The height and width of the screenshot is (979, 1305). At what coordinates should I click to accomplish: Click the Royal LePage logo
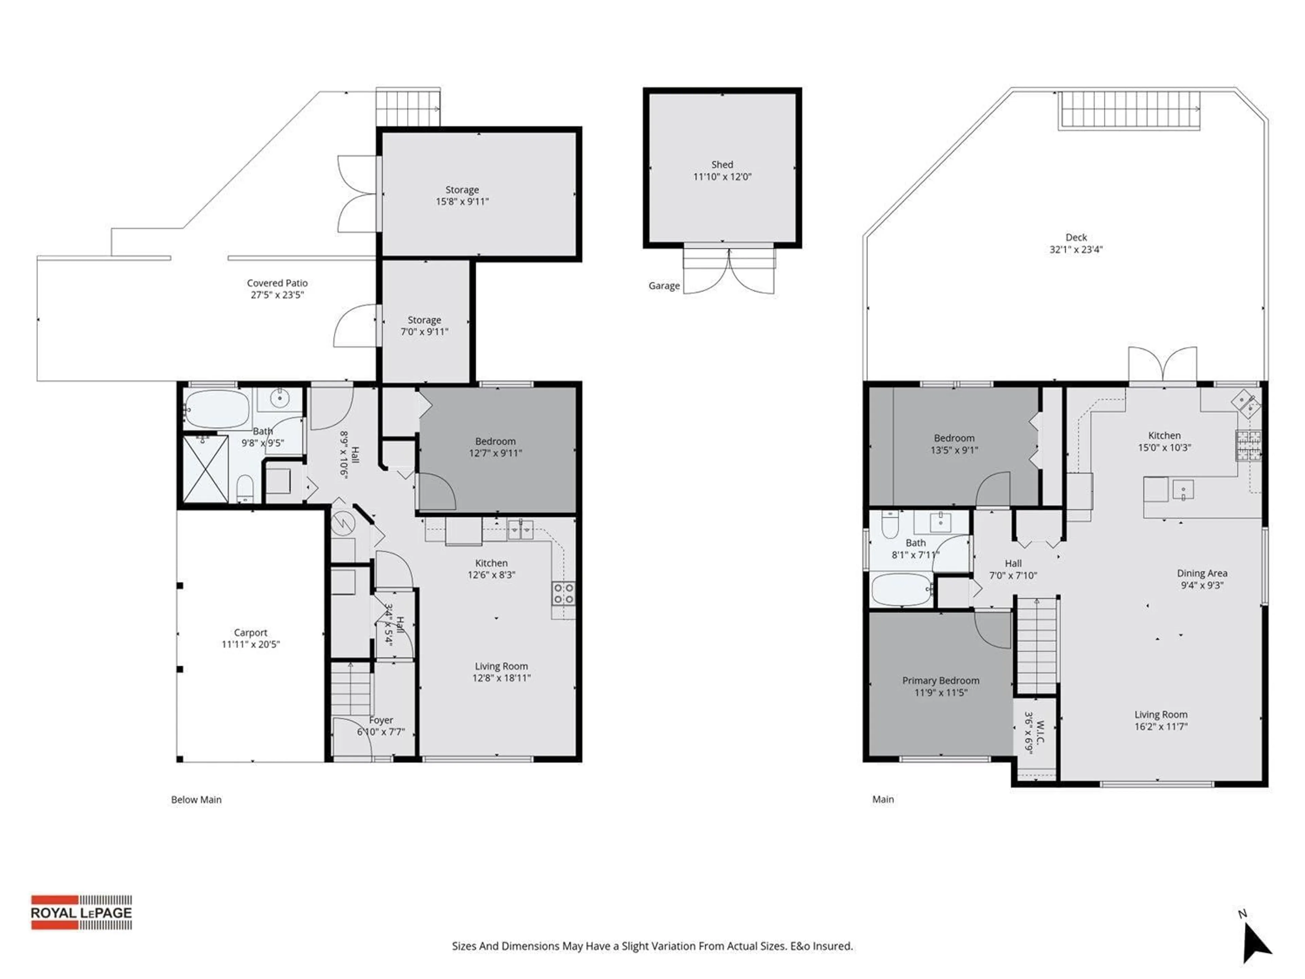(82, 912)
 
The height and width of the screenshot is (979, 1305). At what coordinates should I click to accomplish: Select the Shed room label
(722, 165)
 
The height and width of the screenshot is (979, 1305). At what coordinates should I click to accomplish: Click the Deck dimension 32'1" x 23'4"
(1076, 250)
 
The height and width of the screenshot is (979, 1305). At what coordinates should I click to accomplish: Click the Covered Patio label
(277, 283)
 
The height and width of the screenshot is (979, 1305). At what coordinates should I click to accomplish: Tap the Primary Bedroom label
(940, 681)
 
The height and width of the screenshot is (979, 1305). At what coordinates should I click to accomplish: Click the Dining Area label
(1202, 573)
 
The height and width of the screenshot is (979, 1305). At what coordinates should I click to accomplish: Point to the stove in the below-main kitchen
(563, 593)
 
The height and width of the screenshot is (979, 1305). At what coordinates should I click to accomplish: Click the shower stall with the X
(205, 469)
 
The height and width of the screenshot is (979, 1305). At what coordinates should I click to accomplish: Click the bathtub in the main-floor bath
(901, 589)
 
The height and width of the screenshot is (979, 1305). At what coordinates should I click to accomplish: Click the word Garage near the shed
(664, 286)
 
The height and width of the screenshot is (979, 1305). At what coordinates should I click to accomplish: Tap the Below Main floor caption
(196, 800)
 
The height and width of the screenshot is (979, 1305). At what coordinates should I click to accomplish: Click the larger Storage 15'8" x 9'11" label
(462, 190)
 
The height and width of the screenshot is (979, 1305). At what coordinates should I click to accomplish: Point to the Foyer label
(381, 721)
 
